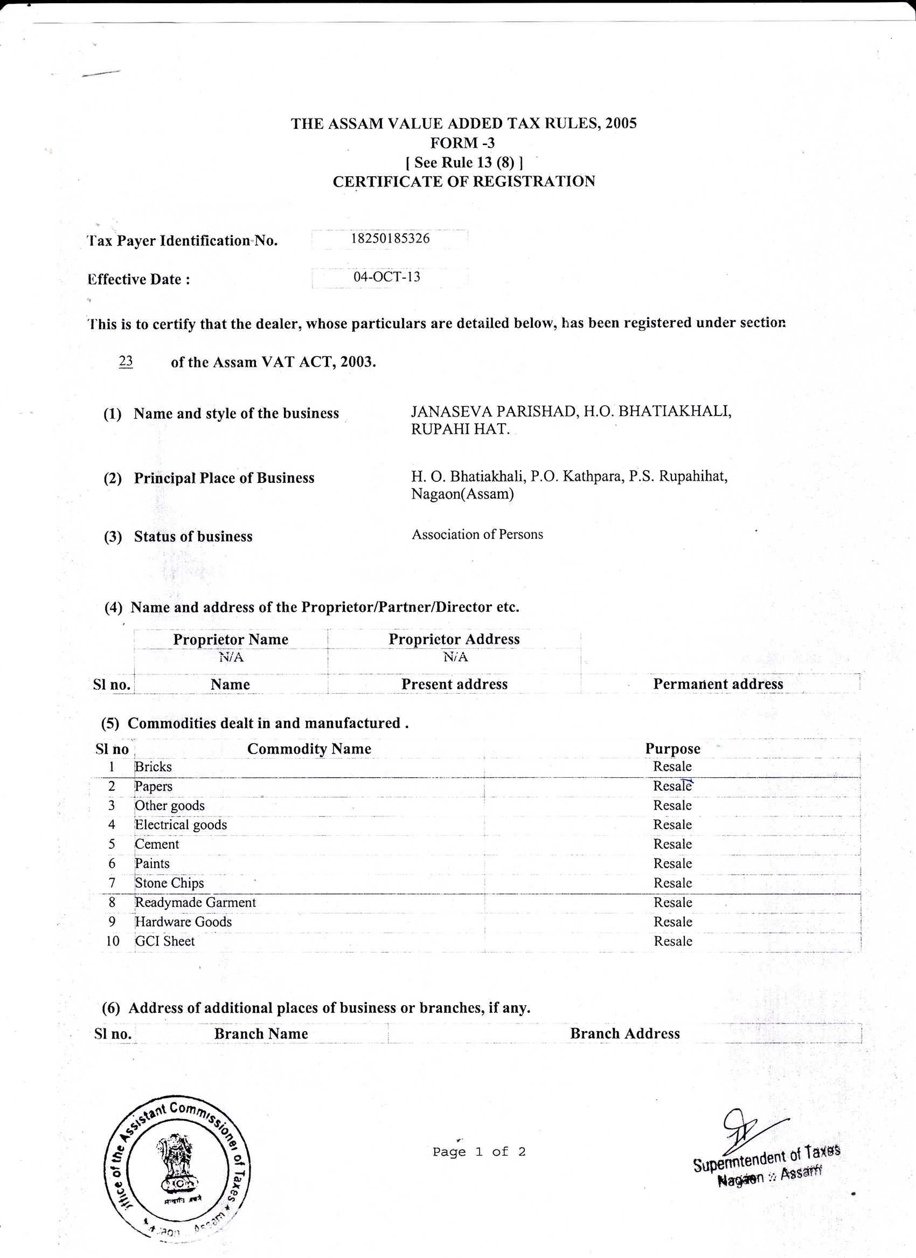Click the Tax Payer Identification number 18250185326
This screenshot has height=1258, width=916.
click(x=390, y=239)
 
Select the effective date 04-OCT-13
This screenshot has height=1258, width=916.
click(x=387, y=277)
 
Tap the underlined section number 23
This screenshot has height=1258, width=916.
click(x=126, y=361)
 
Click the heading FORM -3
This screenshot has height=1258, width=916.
click(x=462, y=143)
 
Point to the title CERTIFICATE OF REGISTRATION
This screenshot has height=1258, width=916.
click(x=463, y=182)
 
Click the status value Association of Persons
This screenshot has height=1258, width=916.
click(x=477, y=534)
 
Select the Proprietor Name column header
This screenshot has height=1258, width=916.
click(x=231, y=640)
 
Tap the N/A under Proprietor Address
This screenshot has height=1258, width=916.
click(x=455, y=657)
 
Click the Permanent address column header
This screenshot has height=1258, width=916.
click(x=718, y=684)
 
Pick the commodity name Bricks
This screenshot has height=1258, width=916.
click(x=153, y=766)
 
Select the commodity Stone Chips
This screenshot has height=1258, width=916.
click(x=169, y=882)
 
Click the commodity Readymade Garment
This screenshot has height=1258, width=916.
click(x=195, y=902)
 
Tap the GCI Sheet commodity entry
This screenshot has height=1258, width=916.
click(x=165, y=941)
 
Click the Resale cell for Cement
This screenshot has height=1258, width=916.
click(x=672, y=844)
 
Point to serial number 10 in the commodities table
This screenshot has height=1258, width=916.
click(x=113, y=941)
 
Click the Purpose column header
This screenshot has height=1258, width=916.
click(x=672, y=749)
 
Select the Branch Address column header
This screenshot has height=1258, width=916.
click(x=625, y=1033)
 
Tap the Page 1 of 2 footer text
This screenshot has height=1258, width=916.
click(x=478, y=1152)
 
